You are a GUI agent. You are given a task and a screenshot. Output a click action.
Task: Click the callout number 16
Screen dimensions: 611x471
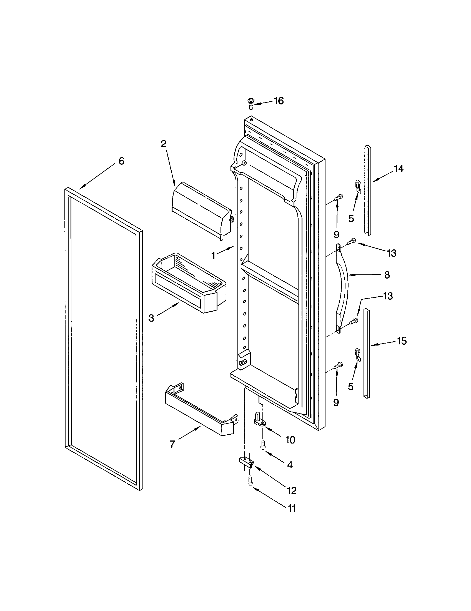point(279,101)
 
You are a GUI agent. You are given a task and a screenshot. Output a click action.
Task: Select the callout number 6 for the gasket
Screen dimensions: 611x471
point(121,161)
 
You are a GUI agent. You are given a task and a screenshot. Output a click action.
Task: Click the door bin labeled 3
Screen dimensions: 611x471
point(189,282)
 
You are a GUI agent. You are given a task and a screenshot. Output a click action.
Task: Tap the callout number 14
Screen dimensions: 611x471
point(399,169)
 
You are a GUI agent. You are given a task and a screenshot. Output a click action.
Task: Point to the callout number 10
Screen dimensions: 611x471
point(290,440)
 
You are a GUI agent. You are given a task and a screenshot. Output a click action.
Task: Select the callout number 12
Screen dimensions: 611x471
point(292,490)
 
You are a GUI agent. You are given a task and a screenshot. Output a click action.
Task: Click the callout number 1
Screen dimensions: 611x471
point(213,256)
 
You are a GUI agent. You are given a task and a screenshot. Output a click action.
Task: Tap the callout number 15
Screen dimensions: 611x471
point(402,341)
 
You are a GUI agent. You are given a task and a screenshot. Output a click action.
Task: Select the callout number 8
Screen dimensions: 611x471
point(387,275)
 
